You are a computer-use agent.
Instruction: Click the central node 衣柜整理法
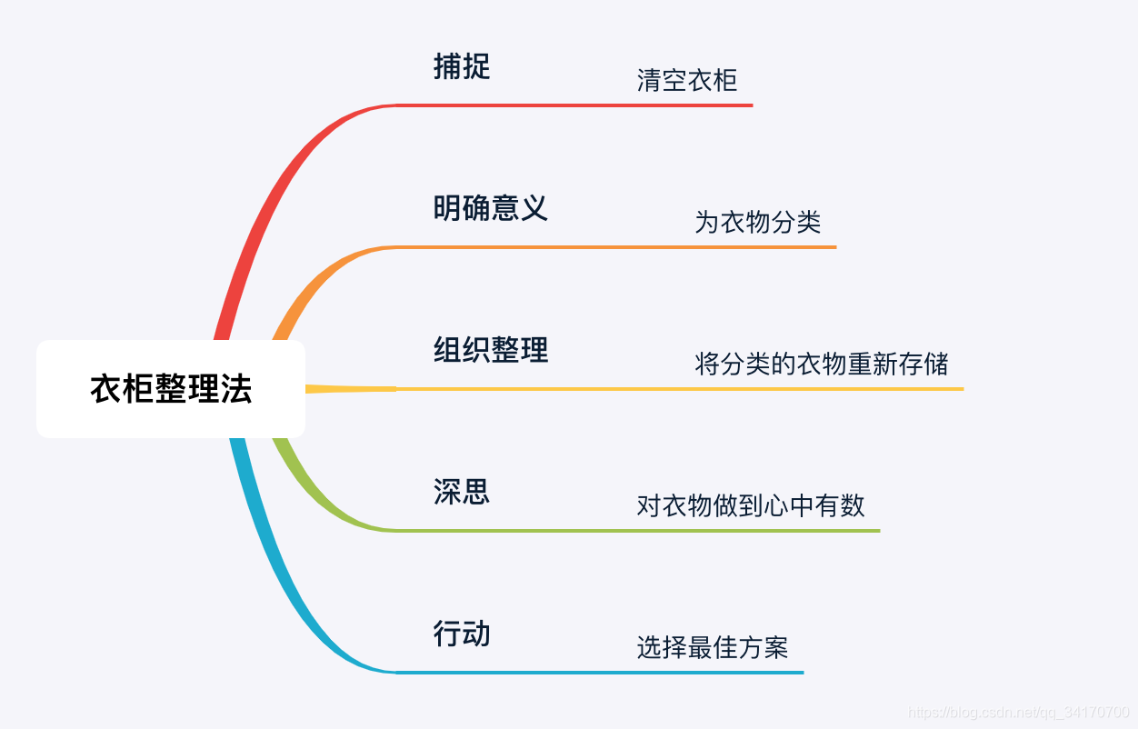tap(171, 389)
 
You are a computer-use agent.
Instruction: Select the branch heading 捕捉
tap(462, 66)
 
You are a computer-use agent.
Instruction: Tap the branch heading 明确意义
tap(491, 208)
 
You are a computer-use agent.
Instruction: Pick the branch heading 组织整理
tap(491, 350)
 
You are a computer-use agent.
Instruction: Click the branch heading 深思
tap(462, 492)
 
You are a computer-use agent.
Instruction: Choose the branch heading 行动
tap(462, 634)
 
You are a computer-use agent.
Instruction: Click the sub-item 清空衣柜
tap(686, 81)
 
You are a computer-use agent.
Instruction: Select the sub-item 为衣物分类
tap(758, 222)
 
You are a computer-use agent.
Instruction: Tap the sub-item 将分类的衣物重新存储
tap(822, 364)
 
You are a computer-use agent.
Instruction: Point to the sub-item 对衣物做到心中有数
tap(751, 505)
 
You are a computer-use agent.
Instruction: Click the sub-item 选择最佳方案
tap(712, 648)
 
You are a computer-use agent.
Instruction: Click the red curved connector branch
tap(273, 200)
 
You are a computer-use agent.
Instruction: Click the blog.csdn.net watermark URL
tap(1019, 712)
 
